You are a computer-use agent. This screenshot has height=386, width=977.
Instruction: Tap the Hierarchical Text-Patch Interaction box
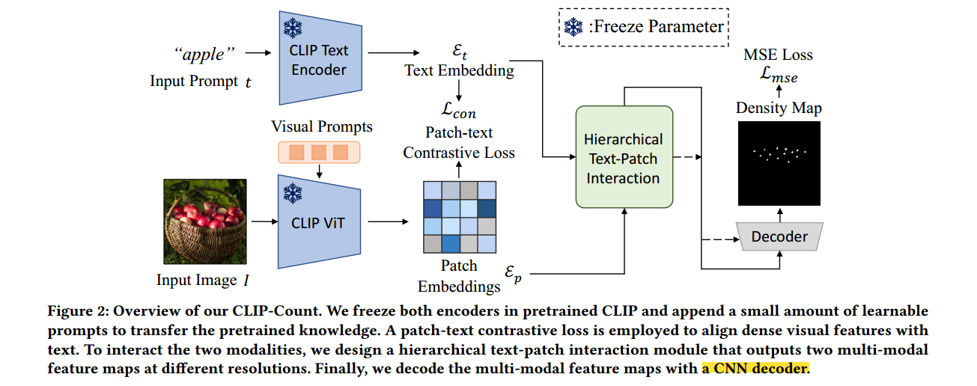(x=623, y=158)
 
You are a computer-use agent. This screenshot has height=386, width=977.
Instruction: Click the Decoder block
(x=779, y=236)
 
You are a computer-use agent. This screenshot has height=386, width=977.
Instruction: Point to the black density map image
(x=779, y=164)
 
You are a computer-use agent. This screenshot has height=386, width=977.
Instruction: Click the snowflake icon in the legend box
(x=573, y=28)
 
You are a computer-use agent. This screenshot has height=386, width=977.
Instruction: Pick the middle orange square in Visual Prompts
(x=319, y=153)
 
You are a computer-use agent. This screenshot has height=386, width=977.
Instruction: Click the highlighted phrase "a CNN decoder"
(x=755, y=368)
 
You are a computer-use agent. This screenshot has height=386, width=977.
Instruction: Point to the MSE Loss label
(x=778, y=55)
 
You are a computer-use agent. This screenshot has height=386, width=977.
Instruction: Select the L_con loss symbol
(x=458, y=112)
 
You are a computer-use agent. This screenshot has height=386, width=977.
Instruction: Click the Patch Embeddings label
(x=458, y=276)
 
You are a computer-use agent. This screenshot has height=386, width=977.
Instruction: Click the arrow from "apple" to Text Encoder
(x=257, y=54)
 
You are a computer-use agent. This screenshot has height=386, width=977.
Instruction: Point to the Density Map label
(x=779, y=108)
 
